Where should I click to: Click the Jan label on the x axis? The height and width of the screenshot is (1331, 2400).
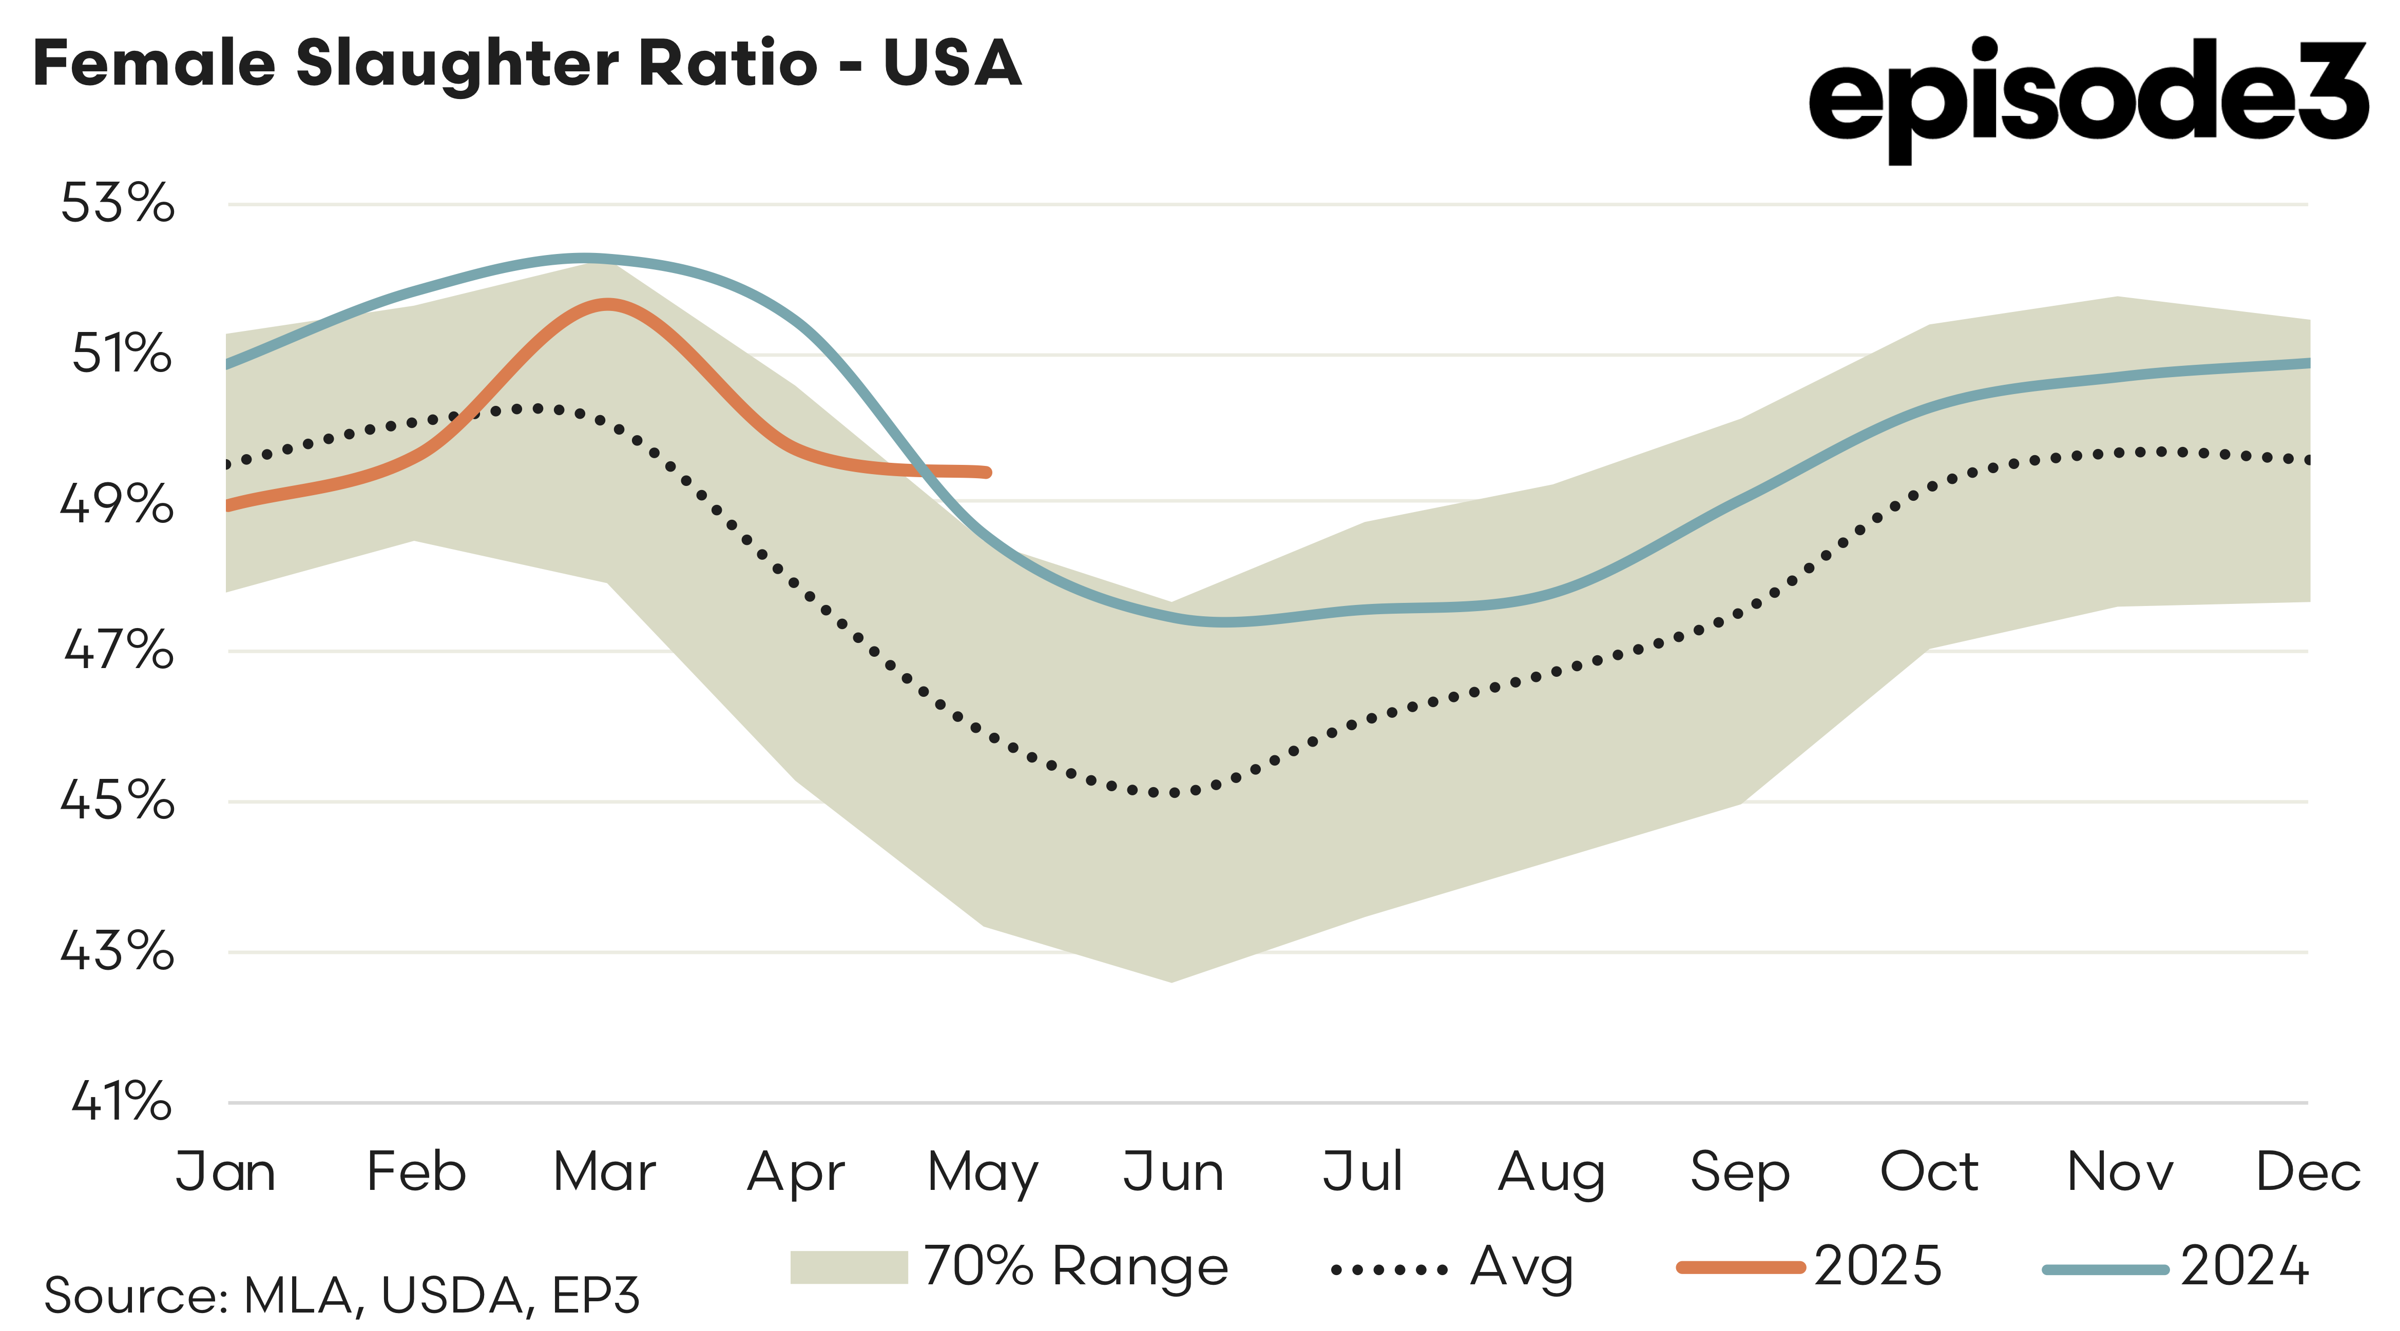tap(225, 1172)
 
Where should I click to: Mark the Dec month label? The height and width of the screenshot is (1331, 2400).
tap(2308, 1172)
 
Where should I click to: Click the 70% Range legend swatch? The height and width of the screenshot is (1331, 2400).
tap(848, 1267)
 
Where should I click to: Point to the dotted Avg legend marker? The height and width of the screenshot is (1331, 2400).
tap(1388, 1268)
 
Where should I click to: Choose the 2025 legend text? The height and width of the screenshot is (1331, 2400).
tap(1877, 1267)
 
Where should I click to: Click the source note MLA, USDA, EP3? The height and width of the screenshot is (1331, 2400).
tap(342, 1295)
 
